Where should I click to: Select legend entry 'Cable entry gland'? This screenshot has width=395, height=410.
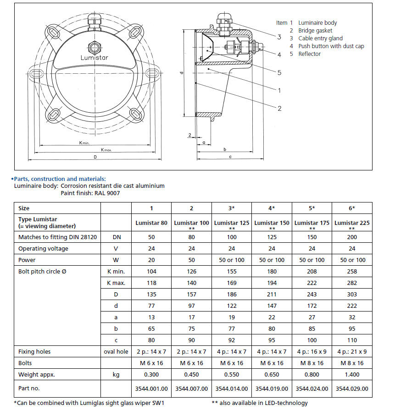pos(320,38)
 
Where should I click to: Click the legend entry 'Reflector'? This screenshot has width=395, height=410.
pos(309,54)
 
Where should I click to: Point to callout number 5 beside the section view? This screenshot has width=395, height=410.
pos(279,72)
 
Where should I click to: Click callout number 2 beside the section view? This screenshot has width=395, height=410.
pos(279,108)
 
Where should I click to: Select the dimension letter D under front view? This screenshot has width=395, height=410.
pos(95,157)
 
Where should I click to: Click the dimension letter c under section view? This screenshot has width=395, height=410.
pos(229,157)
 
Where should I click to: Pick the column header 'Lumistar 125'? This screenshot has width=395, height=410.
pos(232,223)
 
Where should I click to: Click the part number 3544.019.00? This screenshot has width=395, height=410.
pos(272,388)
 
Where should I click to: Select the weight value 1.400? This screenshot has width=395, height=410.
pos(352,374)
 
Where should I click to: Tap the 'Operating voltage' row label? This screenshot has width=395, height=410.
pos(43,248)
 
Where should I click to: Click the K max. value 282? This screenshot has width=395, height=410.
pos(352,283)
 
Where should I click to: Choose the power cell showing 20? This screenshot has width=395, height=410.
pos(151,260)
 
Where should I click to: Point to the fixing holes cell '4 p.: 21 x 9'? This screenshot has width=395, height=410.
pos(352,352)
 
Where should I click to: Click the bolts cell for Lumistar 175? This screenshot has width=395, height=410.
pos(312,363)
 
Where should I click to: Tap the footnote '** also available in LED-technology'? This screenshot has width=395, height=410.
pos(260,403)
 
